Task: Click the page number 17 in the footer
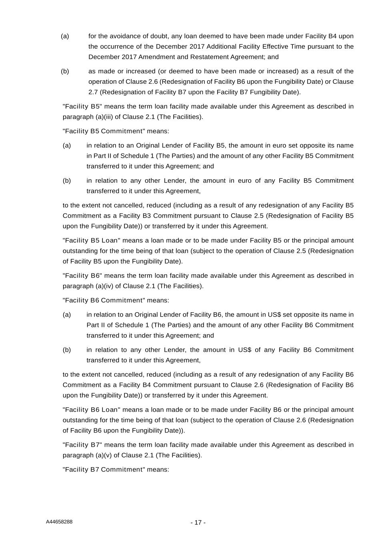coord(198,522)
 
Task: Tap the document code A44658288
coord(59,522)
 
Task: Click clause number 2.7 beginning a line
coord(93,92)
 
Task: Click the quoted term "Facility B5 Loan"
coord(92,241)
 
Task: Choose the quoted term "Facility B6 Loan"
coord(92,410)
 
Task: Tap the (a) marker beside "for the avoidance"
coord(65,36)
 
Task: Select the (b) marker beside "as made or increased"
coord(65,71)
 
